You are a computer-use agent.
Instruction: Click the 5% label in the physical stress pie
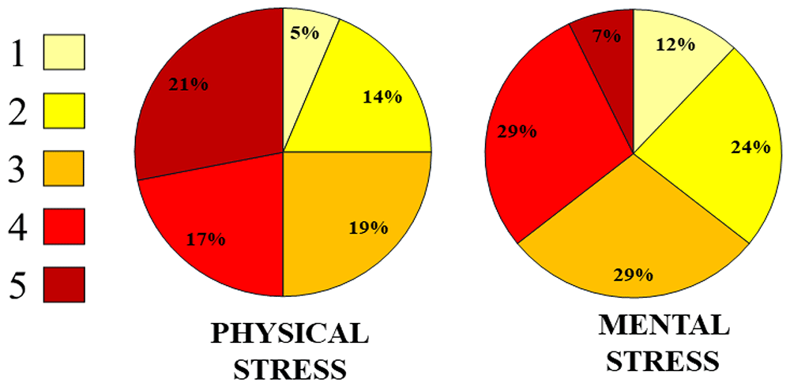tap(305, 33)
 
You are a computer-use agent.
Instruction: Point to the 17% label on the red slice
tap(205, 239)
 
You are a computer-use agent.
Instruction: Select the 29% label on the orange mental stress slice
tap(634, 275)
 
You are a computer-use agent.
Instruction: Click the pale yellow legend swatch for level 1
tap(64, 51)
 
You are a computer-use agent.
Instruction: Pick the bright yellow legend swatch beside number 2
tap(64, 111)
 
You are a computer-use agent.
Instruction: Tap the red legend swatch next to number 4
tap(64, 226)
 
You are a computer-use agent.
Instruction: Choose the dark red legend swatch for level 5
tap(64, 284)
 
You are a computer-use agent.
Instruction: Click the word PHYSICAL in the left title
tap(288, 334)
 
